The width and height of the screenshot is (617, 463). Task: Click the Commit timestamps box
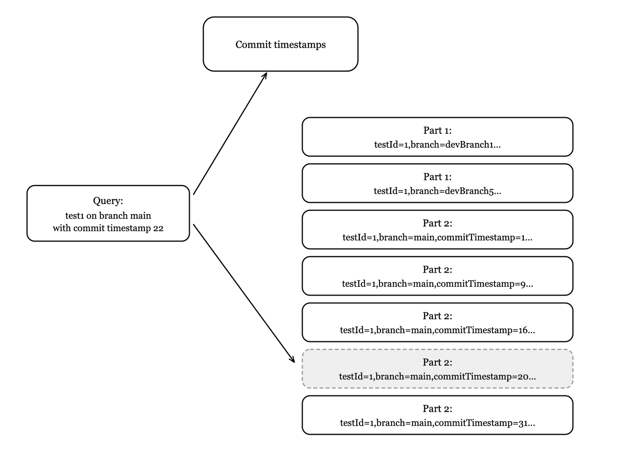280,44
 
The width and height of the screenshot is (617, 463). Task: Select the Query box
108,213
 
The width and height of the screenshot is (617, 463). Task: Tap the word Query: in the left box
108,201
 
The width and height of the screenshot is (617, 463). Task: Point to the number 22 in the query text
158,228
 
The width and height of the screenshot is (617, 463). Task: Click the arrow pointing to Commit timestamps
230,133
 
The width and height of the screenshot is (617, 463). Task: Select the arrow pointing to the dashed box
244,293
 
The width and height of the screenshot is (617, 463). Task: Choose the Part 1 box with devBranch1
437,137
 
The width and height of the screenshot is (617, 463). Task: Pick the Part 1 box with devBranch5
437,183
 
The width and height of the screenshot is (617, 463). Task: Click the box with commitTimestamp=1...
437,230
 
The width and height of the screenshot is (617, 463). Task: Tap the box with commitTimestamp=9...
437,276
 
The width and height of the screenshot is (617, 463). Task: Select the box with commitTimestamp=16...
437,322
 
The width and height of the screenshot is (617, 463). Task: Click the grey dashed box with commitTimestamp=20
437,369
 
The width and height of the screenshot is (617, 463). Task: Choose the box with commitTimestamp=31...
437,415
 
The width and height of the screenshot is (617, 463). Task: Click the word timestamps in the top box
300,45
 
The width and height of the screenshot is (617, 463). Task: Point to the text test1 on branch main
108,216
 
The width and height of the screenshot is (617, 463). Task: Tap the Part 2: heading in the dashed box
437,362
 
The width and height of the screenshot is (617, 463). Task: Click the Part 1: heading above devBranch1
437,131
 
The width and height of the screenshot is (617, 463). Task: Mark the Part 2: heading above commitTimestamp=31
437,408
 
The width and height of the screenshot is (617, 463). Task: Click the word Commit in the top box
253,45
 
